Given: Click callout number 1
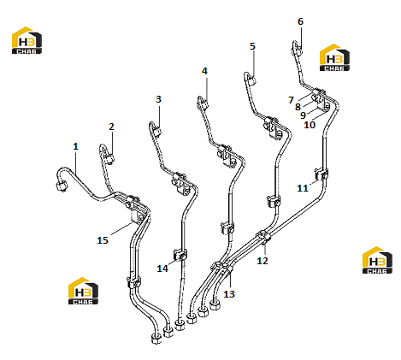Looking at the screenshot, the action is tap(75, 146).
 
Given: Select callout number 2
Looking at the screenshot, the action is tap(111, 127).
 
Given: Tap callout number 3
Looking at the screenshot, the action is tap(158, 99).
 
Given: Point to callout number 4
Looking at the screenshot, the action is tap(204, 71).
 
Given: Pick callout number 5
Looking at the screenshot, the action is tap(252, 46).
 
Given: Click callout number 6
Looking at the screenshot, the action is tap(300, 21).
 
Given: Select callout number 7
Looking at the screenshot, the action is tap(291, 100).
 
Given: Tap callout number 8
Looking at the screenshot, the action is tap(298, 107).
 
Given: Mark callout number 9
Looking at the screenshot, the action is tap(303, 115).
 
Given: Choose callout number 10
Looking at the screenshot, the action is tap(310, 125).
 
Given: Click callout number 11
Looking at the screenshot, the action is tap(303, 188).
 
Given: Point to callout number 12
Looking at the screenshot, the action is tap(262, 261).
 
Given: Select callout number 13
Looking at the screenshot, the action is tap(229, 294).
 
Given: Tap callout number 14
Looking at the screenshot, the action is tap(162, 269).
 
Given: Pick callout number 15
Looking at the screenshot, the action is tap(103, 240).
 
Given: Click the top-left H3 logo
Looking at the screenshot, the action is tap(27, 40).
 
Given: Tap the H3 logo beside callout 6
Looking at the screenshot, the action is tap(334, 57).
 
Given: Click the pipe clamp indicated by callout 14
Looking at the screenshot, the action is tap(180, 255).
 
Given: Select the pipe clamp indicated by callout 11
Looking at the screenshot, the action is tap(321, 174).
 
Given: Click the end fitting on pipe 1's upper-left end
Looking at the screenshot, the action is tap(62, 186).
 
